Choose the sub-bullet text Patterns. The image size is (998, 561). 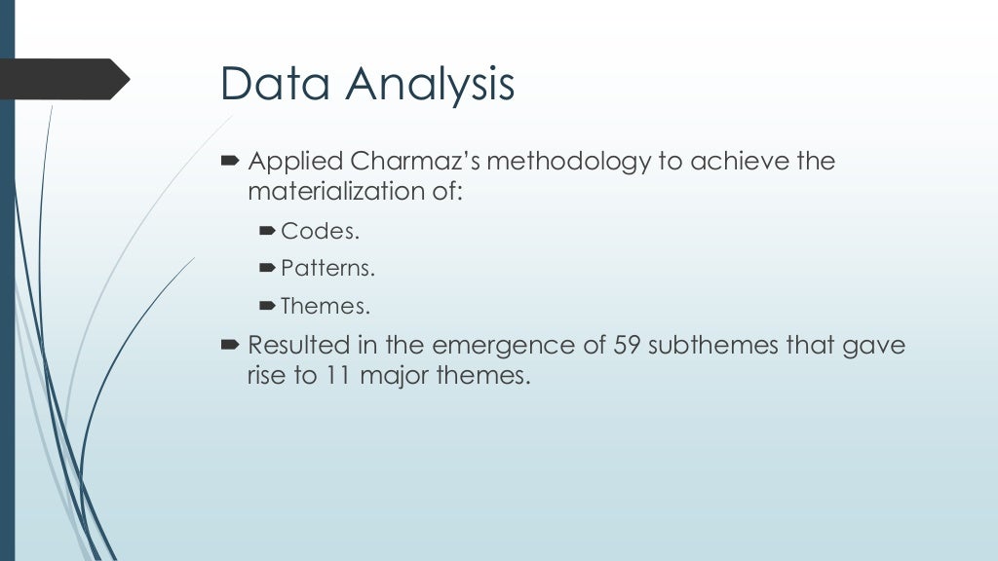[327, 269]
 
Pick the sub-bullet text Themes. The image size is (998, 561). [326, 307]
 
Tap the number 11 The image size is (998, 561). [336, 375]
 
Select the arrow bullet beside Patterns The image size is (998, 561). [269, 268]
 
